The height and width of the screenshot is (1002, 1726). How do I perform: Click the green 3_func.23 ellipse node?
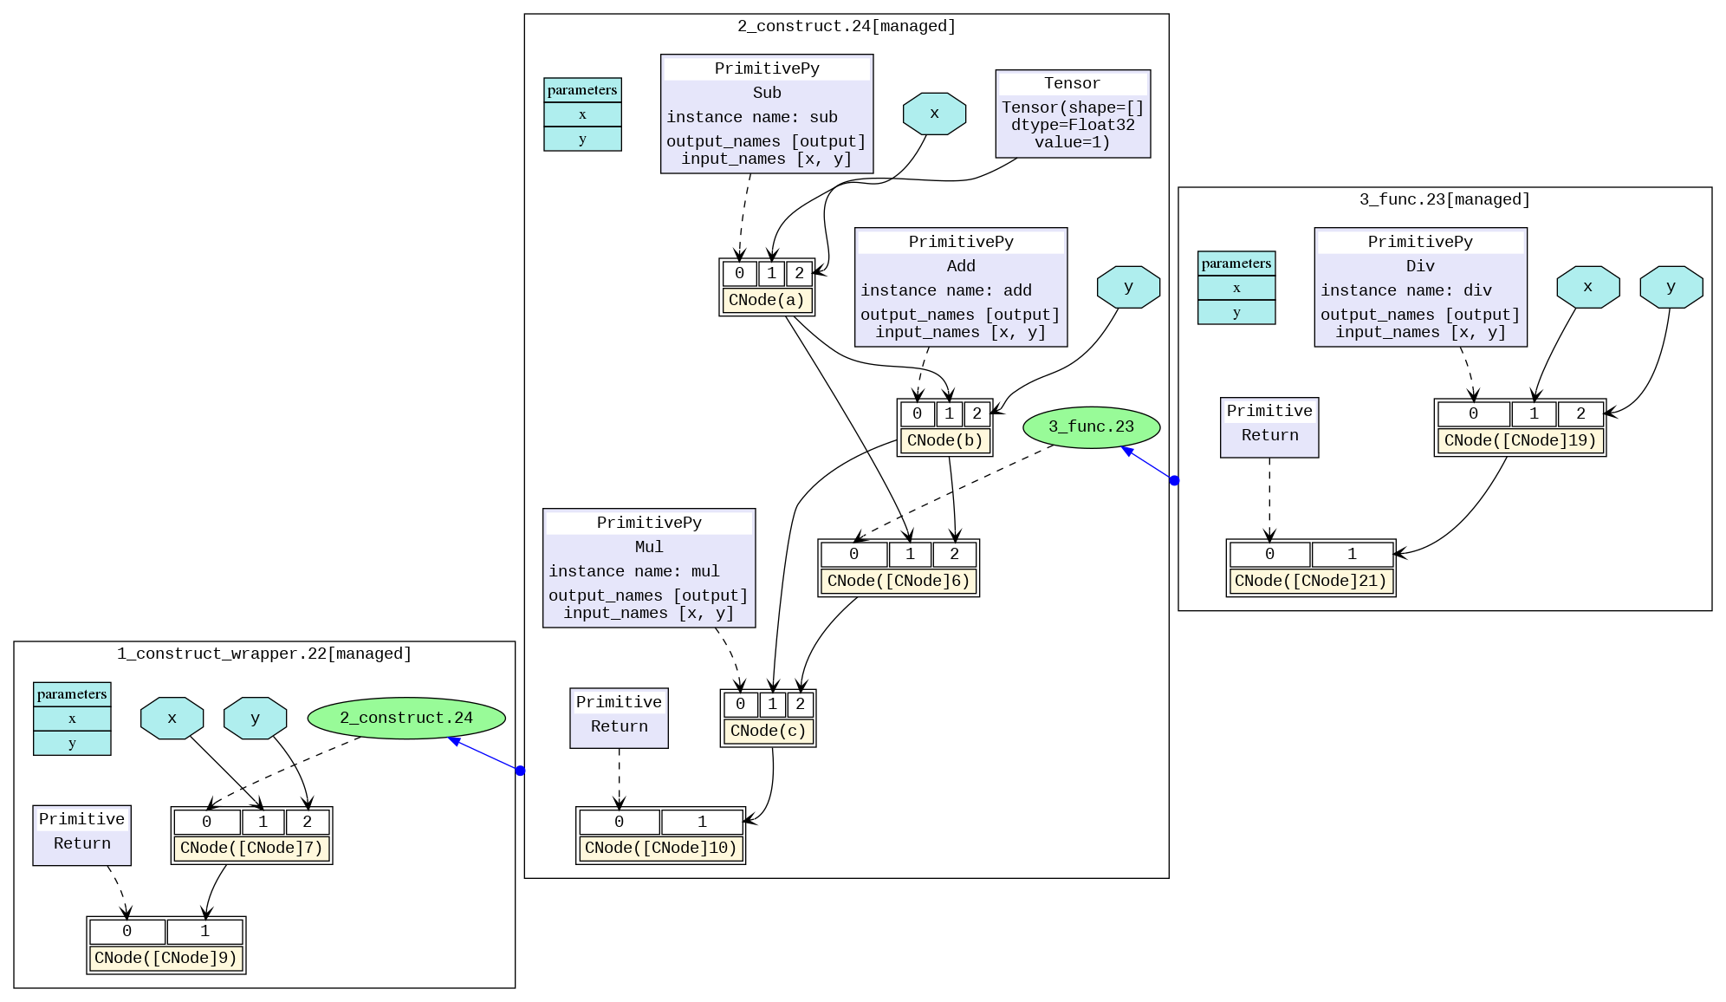[x=1090, y=426]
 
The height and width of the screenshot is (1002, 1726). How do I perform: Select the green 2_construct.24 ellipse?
[x=406, y=718]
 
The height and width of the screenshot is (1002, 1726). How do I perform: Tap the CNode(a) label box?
[x=766, y=300]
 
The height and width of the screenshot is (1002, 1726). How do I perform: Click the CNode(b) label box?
[x=944, y=440]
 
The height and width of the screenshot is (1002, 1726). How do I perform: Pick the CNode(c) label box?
[x=768, y=731]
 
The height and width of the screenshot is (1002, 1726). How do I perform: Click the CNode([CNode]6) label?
[x=899, y=581]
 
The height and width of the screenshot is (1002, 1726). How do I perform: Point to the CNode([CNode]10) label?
[x=660, y=848]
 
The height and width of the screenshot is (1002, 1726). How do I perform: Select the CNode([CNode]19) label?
[x=1520, y=440]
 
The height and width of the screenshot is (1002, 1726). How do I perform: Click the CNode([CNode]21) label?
[x=1310, y=581]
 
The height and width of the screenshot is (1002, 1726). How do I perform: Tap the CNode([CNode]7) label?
[x=251, y=848]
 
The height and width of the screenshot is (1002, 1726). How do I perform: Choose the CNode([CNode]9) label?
[x=165, y=958]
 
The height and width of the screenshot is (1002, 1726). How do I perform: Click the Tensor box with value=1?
[x=1073, y=114]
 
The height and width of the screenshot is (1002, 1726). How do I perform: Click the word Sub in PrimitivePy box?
[x=766, y=93]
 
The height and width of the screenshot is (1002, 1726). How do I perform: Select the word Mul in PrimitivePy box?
[x=648, y=547]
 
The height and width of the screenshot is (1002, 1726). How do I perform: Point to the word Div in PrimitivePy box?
[x=1419, y=266]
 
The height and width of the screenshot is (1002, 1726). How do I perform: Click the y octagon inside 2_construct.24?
[x=1127, y=287]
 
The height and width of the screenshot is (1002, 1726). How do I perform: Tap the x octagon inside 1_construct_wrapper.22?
[x=172, y=718]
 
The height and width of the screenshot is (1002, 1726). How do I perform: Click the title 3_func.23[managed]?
[x=1444, y=199]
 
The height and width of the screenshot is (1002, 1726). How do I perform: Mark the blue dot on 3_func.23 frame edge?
[x=1174, y=480]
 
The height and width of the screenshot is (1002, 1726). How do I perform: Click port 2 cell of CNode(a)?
[x=799, y=273]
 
